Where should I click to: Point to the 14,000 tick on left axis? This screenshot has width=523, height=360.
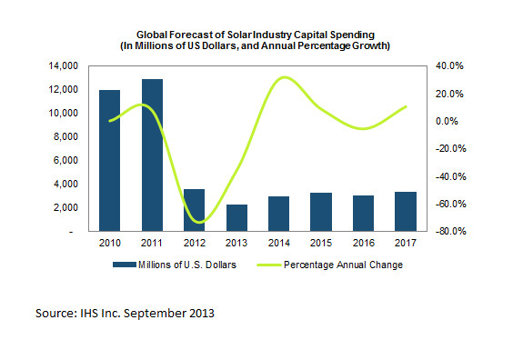[63, 66]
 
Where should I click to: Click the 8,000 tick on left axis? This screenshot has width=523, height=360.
[65, 137]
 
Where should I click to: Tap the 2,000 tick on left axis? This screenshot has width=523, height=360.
[65, 208]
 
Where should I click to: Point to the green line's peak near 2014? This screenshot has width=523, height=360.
[284, 77]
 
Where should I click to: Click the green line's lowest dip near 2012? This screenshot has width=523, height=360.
[201, 222]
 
